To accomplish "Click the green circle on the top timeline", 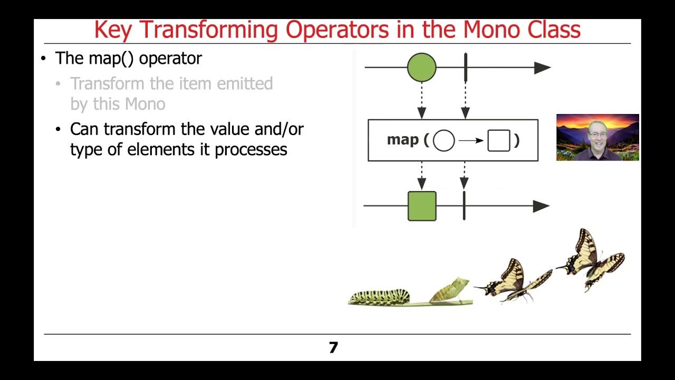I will [422, 68].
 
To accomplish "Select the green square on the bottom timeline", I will [422, 206].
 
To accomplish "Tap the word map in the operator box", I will [403, 140].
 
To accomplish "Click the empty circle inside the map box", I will [443, 141].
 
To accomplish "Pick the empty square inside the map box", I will [498, 141].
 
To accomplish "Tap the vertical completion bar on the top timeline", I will [466, 68].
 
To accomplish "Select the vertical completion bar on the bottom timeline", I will [464, 206].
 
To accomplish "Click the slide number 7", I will [333, 348].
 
